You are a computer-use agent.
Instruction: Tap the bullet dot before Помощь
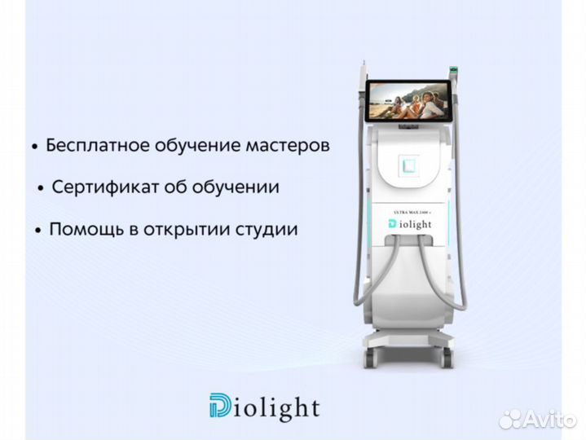(x=37, y=231)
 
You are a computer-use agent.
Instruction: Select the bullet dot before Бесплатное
(x=34, y=147)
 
